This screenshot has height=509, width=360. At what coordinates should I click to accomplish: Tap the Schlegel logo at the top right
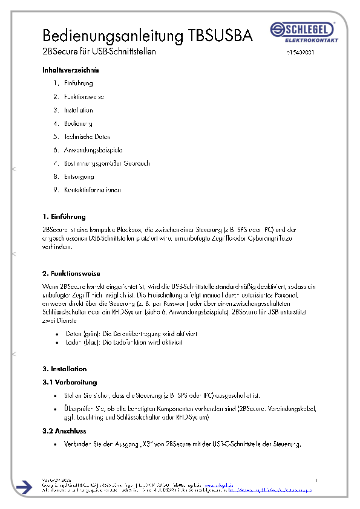(x=301, y=31)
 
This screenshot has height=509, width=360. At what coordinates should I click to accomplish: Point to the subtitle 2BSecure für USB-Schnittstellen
(x=99, y=51)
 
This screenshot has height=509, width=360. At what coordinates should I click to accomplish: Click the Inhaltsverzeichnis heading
(x=70, y=70)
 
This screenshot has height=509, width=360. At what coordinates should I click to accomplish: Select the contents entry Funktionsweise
(x=84, y=97)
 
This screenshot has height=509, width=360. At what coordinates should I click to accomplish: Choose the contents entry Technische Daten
(x=87, y=137)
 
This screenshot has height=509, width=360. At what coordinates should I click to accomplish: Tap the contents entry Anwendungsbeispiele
(x=93, y=150)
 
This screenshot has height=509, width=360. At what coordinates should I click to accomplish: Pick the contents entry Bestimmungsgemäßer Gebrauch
(x=106, y=163)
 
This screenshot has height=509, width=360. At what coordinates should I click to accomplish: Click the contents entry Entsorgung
(x=79, y=177)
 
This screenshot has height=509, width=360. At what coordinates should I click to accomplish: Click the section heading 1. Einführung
(x=64, y=216)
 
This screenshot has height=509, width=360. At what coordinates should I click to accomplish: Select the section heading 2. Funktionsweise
(x=71, y=274)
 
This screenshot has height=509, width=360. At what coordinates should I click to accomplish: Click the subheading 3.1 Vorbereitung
(x=70, y=382)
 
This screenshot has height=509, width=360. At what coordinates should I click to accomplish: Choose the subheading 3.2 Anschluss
(x=65, y=431)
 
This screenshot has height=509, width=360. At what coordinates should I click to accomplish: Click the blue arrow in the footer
(x=24, y=487)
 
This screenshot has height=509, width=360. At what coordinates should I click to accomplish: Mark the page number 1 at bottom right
(x=316, y=480)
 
